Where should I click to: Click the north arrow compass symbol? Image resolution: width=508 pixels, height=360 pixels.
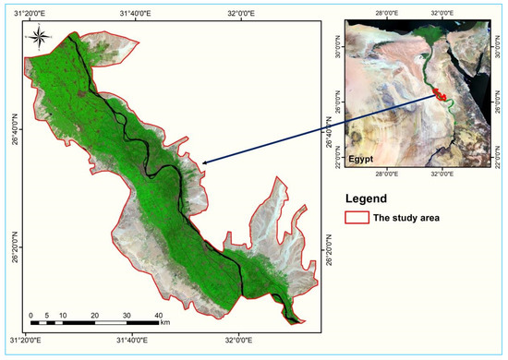pyautogui.click(x=38, y=38)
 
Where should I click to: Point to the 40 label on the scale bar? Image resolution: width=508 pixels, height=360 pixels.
pyautogui.click(x=159, y=315)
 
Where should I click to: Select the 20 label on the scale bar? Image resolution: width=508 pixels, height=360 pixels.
pyautogui.click(x=94, y=315)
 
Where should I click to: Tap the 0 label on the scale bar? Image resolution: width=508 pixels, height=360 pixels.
pyautogui.click(x=30, y=315)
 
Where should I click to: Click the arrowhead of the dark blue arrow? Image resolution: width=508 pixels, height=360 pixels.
pyautogui.click(x=202, y=163)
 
